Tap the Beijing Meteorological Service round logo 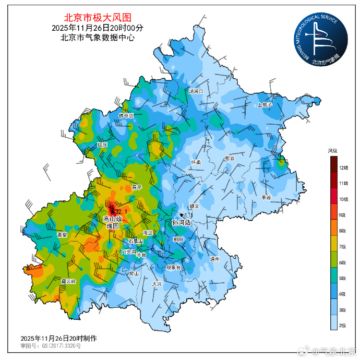pyautogui.click(x=319, y=39)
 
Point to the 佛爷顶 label pyautogui.click(x=126, y=116)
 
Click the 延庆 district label pyautogui.click(x=102, y=145)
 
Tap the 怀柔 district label pyautogui.click(x=196, y=162)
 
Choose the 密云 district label pyautogui.click(x=230, y=158)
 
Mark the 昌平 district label pyautogui.click(x=137, y=187)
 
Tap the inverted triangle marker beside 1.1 pyautogui.click(x=181, y=215)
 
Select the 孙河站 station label pyautogui.click(x=181, y=222)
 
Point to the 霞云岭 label pyautogui.click(x=68, y=281)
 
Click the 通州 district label pyautogui.click(x=214, y=259)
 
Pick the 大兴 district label pyautogui.click(x=157, y=284)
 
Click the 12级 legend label pyautogui.click(x=343, y=167)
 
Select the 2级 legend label pyautogui.click(x=343, y=326)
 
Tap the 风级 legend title pyautogui.click(x=332, y=151)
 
